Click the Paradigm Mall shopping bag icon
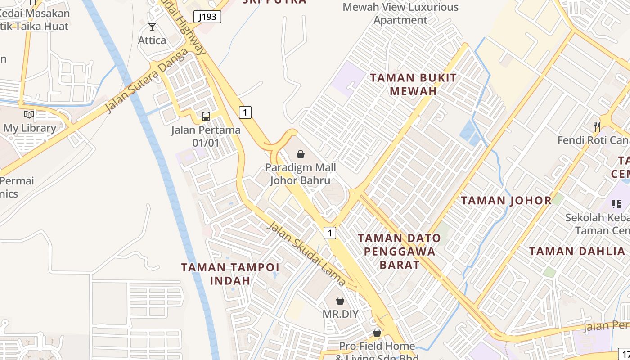(x=301, y=155)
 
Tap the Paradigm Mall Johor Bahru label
(x=300, y=174)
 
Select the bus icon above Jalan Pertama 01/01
(x=206, y=117)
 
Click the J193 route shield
(x=207, y=17)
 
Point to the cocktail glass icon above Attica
(x=152, y=27)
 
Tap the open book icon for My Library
(x=29, y=114)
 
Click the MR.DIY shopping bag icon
(x=340, y=300)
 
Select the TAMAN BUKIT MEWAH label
(x=413, y=84)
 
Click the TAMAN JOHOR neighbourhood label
(x=506, y=201)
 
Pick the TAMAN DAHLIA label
(x=577, y=252)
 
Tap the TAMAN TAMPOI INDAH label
(x=230, y=274)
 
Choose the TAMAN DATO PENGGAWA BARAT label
(x=400, y=251)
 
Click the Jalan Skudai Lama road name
(x=306, y=253)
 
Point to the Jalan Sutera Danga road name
(x=147, y=81)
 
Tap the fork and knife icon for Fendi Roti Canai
(x=597, y=126)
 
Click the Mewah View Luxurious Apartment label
(x=400, y=13)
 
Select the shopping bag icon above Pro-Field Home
(x=377, y=333)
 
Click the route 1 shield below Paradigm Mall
(x=330, y=233)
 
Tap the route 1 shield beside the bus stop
(x=245, y=112)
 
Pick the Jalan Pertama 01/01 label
(x=206, y=136)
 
